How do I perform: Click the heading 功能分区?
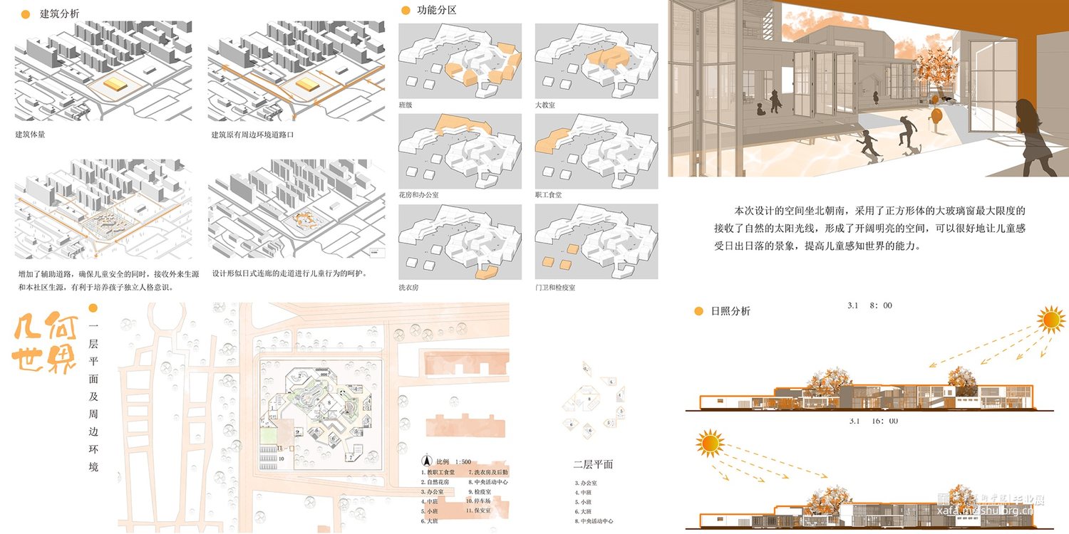436,11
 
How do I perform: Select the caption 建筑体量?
30,134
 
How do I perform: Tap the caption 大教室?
545,105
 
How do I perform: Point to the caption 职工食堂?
549,194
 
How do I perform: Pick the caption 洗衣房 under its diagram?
409,287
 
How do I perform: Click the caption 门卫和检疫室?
555,287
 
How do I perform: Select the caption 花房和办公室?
416,194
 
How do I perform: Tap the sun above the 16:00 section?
710,444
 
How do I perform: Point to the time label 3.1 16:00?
873,421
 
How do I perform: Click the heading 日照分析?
730,311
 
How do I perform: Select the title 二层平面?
593,464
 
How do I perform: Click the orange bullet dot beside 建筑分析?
26,14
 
